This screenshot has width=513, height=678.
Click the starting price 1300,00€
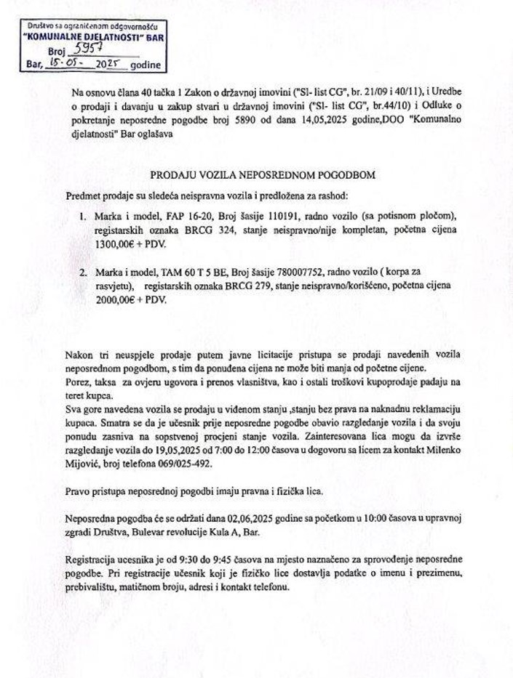coord(109,243)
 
